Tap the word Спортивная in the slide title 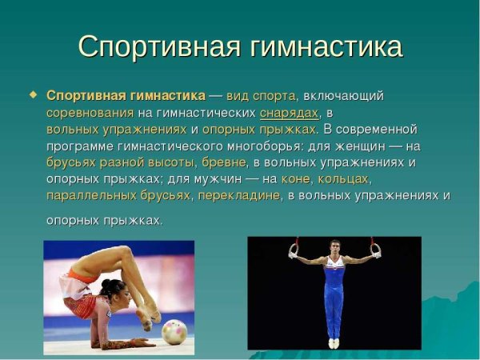pyautogui.click(x=157, y=46)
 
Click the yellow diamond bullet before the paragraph pyautogui.click(x=34, y=94)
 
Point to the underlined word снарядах pyautogui.click(x=289, y=113)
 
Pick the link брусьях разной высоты pyautogui.click(x=120, y=162)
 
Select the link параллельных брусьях pyautogui.click(x=118, y=195)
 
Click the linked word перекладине pyautogui.click(x=239, y=195)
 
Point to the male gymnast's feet pyautogui.click(x=334, y=342)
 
